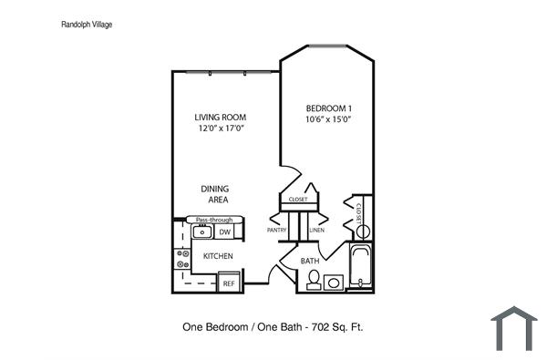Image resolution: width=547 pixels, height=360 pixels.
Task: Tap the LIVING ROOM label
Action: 221,118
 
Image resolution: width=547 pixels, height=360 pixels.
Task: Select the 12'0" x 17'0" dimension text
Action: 221,129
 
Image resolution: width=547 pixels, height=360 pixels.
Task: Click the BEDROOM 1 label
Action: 328,108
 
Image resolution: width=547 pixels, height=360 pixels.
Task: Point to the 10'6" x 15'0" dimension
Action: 328,119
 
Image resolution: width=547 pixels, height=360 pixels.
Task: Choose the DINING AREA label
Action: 215,194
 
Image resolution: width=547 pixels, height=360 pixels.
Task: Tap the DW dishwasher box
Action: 223,232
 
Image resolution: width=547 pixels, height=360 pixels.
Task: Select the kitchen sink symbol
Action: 201,232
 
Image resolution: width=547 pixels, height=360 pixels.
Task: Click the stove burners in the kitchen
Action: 180,258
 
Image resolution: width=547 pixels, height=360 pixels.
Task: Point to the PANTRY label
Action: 277,231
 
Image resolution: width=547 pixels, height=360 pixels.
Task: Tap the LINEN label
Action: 316,231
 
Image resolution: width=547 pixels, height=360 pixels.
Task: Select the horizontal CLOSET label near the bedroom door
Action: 298,199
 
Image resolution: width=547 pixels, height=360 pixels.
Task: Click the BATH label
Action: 309,262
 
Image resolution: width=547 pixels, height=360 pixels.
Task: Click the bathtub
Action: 361,266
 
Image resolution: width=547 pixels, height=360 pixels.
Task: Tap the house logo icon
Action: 513,329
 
